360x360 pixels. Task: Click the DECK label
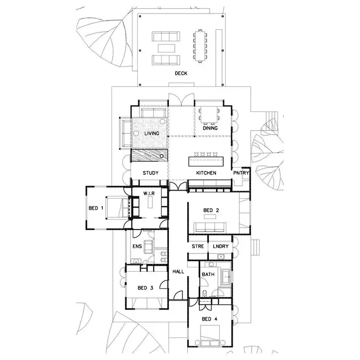point(181,73)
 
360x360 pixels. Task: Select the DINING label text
point(210,128)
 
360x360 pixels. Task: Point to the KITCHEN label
point(206,172)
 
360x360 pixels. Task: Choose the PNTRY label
point(240,172)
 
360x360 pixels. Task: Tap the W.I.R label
point(148,193)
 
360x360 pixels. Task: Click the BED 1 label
point(96,208)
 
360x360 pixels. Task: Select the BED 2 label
point(211,210)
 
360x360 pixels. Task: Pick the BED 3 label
point(145,288)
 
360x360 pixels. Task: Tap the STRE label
point(198,247)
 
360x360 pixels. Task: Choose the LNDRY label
point(221,247)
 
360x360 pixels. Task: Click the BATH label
point(209,275)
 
